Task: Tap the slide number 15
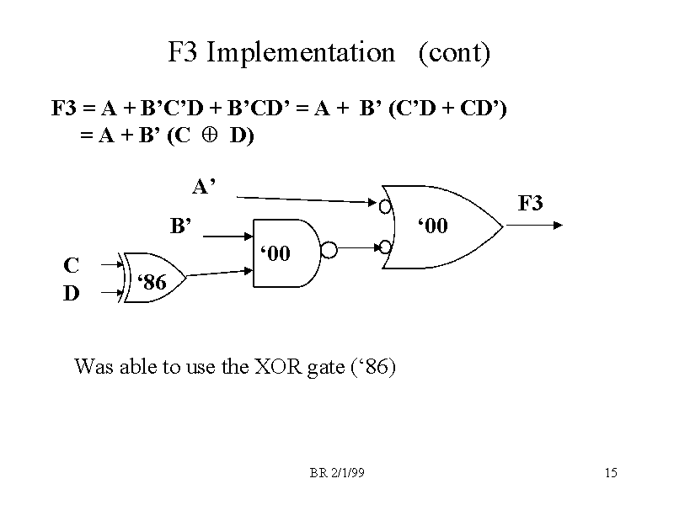click(x=611, y=473)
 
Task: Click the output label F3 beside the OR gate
click(x=531, y=203)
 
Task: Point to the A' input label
click(x=204, y=186)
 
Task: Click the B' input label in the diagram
click(x=182, y=226)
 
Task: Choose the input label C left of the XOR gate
click(x=72, y=265)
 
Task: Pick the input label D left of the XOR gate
click(x=72, y=293)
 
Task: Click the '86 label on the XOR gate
click(x=151, y=282)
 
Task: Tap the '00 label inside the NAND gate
click(x=275, y=252)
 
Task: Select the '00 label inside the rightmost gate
click(x=435, y=226)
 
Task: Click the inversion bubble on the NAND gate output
click(x=330, y=250)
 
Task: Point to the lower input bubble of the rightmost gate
click(x=384, y=247)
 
